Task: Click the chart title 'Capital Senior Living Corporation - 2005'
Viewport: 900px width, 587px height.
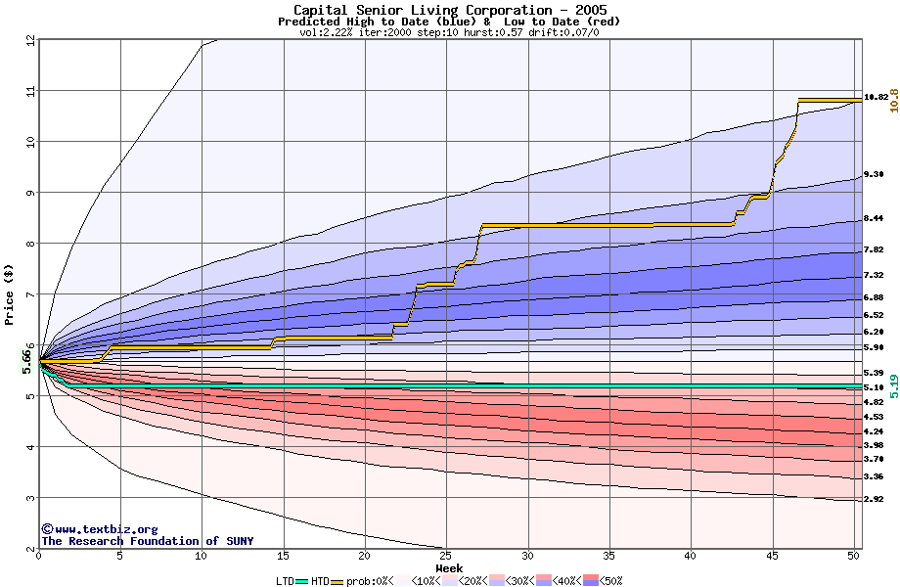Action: (449, 10)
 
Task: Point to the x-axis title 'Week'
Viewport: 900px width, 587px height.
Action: (449, 568)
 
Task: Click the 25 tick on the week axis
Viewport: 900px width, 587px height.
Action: (446, 557)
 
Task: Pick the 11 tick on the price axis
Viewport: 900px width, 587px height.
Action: (30, 91)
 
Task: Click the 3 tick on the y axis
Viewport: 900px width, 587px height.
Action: (30, 498)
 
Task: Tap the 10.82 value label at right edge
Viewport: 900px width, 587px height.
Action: (876, 97)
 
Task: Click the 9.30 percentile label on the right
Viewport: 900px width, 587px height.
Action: (874, 173)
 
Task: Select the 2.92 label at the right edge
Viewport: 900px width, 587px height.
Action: (874, 499)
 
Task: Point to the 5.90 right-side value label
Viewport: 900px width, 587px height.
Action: (874, 347)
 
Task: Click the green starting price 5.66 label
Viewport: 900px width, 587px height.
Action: (27, 362)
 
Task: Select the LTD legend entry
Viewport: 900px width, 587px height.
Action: (285, 581)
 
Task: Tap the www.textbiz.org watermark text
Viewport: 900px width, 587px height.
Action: (99, 528)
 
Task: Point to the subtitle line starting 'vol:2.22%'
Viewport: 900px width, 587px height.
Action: (449, 32)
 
